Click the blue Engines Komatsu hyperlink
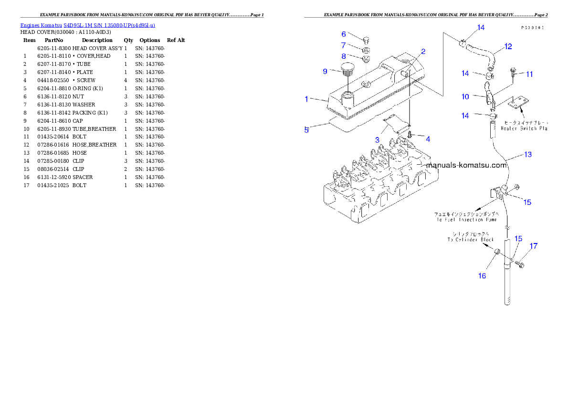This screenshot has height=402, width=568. tap(87, 25)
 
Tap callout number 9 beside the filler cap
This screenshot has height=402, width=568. tap(325, 71)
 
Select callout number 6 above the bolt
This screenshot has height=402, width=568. tap(344, 34)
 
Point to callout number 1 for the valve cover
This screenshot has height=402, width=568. tap(307, 99)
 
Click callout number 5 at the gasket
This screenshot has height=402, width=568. tap(307, 129)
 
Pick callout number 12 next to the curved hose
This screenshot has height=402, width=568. tap(508, 46)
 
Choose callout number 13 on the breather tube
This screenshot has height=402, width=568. tap(527, 154)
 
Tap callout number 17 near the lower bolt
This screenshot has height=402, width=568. tap(533, 246)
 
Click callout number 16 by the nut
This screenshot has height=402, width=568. tap(482, 275)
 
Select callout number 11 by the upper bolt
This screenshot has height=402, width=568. tap(529, 74)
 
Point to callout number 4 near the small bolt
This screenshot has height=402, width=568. tap(428, 139)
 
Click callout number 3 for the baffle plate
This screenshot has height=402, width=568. tap(377, 140)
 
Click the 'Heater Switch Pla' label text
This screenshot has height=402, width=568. tap(524, 128)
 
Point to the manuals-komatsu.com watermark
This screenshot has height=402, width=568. tap(466, 165)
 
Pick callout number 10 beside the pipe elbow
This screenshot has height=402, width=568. tap(465, 96)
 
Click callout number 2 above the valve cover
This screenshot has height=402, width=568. tap(423, 52)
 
